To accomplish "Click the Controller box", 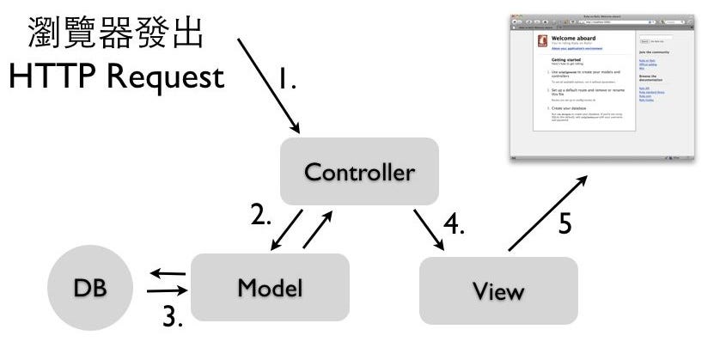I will (359, 172).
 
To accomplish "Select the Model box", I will (270, 288).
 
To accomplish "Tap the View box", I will (498, 290).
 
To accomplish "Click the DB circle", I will (90, 288).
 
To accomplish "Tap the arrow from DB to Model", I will (167, 292).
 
